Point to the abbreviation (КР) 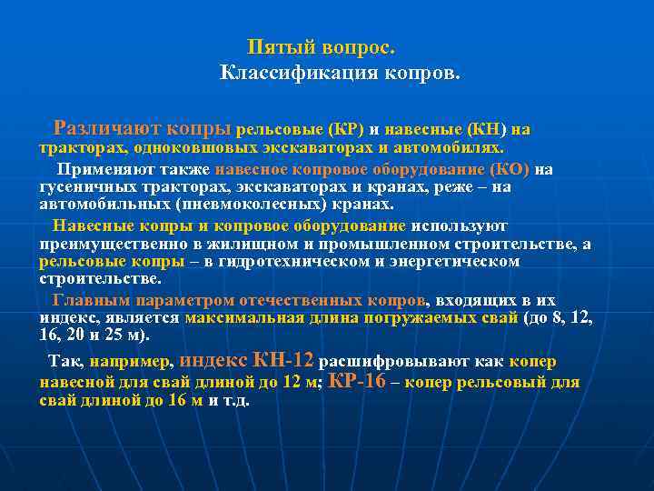345,130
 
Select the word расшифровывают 404,361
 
